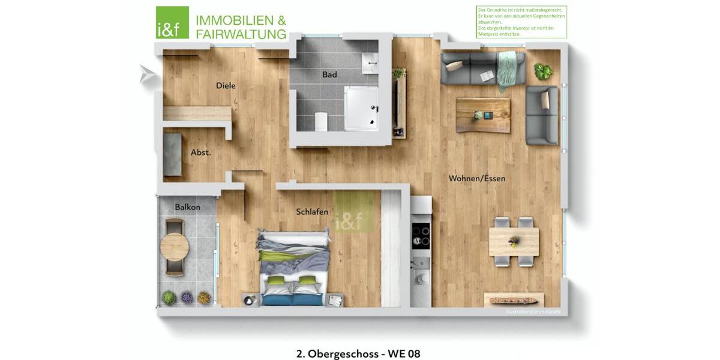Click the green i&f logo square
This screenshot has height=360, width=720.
172,23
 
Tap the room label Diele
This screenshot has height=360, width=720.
226,86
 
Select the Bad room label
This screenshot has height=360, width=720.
329,75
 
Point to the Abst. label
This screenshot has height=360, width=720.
201,152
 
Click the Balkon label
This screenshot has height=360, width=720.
187,207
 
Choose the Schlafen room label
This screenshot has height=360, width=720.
312,212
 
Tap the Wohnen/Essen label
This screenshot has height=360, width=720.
477,178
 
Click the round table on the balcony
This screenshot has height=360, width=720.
175,247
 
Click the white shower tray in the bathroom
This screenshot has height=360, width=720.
361,108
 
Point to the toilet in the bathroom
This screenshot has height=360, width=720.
321,122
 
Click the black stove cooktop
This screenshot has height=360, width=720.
421,235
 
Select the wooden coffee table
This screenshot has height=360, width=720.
483,115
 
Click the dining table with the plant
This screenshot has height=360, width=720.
514,242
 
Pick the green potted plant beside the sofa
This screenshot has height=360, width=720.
543,71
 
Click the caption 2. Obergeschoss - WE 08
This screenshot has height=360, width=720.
358,353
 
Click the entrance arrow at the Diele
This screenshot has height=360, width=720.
146,74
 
